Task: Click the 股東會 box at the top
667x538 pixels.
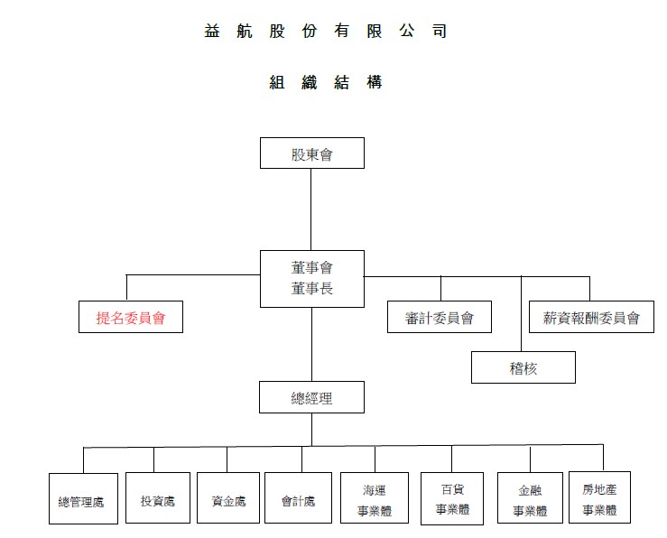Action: pyautogui.click(x=312, y=153)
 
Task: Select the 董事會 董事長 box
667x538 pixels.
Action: pyautogui.click(x=312, y=279)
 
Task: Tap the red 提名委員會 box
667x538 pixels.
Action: pyautogui.click(x=131, y=317)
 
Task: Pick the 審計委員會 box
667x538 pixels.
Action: pyautogui.click(x=440, y=317)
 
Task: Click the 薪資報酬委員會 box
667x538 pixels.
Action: pyautogui.click(x=591, y=317)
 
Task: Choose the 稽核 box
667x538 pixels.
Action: pyautogui.click(x=523, y=367)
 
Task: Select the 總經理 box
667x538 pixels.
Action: pyautogui.click(x=311, y=397)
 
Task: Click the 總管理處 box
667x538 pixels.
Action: pyautogui.click(x=83, y=498)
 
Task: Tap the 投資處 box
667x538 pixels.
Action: pyautogui.click(x=158, y=497)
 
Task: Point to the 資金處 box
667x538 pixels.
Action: pyautogui.click(x=228, y=497)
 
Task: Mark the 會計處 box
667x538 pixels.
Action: pyautogui.click(x=298, y=497)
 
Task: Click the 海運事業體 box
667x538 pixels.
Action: pyautogui.click(x=375, y=497)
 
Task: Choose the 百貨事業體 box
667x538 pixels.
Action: pyautogui.click(x=452, y=498)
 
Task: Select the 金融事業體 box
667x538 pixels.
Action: pyautogui.click(x=530, y=497)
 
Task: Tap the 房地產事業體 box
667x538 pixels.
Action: pyautogui.click(x=600, y=497)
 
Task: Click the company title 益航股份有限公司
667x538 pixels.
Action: pyautogui.click(x=326, y=31)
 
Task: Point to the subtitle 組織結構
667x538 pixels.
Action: pyautogui.click(x=326, y=82)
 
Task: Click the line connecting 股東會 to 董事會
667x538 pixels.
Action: pyautogui.click(x=311, y=209)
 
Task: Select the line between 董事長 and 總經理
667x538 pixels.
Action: pyautogui.click(x=311, y=345)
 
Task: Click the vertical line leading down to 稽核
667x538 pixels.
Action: pyautogui.click(x=521, y=314)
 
